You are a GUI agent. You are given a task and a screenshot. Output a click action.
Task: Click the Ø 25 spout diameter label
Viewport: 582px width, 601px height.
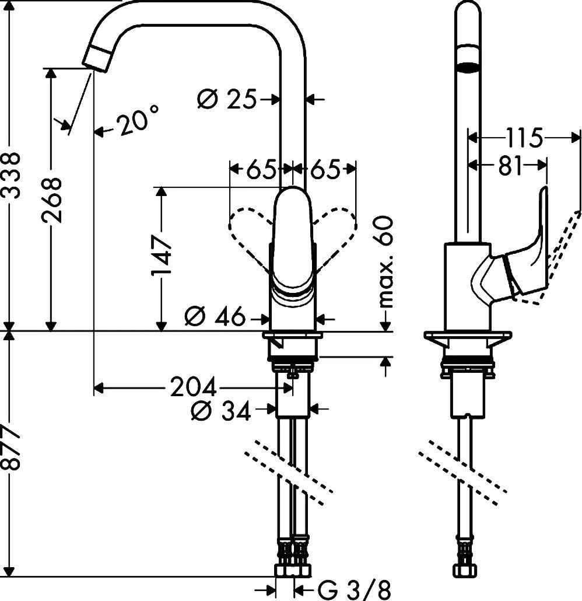click(227, 100)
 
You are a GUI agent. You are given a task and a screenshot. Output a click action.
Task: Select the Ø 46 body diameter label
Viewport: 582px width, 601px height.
click(214, 317)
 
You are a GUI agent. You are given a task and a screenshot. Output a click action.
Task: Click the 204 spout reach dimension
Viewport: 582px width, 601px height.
click(193, 387)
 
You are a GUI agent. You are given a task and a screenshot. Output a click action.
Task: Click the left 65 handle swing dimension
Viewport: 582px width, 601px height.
click(260, 170)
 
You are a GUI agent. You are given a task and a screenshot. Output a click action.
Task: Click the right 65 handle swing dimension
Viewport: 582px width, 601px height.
click(324, 170)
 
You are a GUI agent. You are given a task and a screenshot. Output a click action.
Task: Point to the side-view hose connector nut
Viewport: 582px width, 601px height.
click(465, 569)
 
